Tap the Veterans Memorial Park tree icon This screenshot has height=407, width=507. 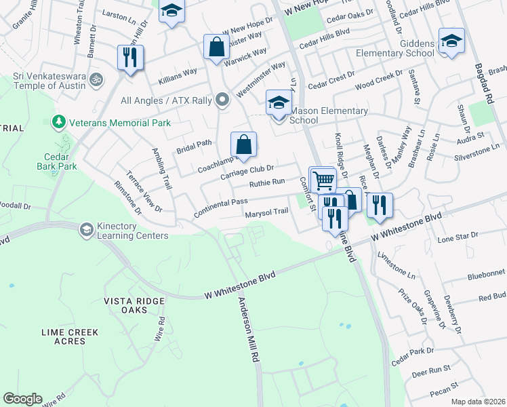[59, 122]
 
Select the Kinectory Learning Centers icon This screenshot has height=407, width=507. [86, 229]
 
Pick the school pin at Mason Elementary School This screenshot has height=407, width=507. [278, 104]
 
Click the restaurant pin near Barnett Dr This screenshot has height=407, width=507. [130, 58]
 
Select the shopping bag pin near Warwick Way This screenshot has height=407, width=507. [216, 48]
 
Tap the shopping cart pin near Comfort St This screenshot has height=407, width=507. [323, 181]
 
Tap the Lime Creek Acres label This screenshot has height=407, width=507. [69, 336]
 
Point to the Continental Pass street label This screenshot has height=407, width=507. [220, 206]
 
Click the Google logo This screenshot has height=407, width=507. [23, 399]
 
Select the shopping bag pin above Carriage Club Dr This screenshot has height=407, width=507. [243, 145]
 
